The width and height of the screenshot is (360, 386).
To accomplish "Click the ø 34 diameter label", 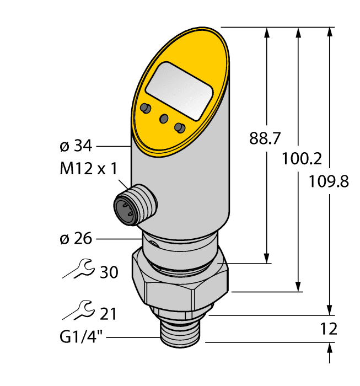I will (x=75, y=146).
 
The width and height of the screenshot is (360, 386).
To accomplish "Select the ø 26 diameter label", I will (x=75, y=239).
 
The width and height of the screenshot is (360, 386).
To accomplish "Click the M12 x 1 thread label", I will (x=88, y=169).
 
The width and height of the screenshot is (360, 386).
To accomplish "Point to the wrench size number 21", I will (x=108, y=314).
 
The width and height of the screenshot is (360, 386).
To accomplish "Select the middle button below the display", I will (x=163, y=119).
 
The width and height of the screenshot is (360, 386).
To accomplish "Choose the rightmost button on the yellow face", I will (x=179, y=128).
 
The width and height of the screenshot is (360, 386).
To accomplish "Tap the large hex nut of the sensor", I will (x=180, y=278).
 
